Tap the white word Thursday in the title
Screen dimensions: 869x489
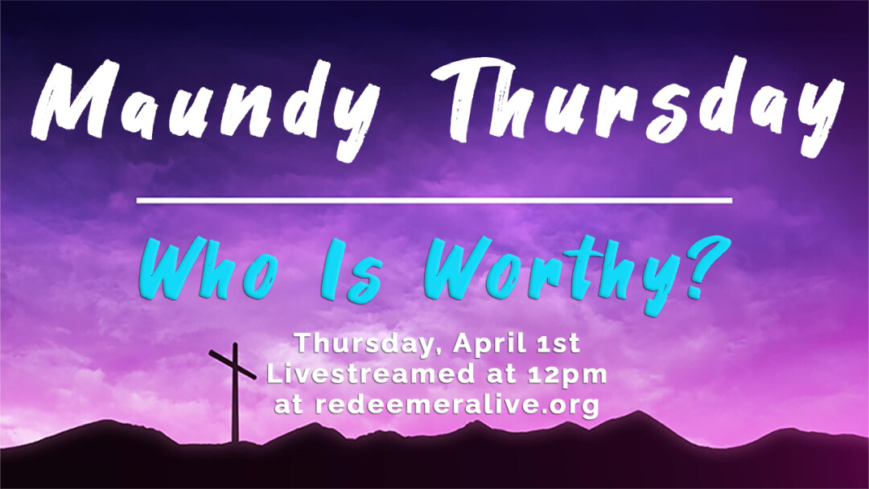pyautogui.click(x=637, y=105)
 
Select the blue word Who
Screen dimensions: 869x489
pyautogui.click(x=208, y=270)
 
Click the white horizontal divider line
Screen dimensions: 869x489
pyautogui.click(x=434, y=200)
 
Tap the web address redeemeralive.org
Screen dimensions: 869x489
pyautogui.click(x=457, y=405)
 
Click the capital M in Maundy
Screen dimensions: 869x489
pyautogui.click(x=77, y=100)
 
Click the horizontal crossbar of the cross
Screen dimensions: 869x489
pyautogui.click(x=233, y=364)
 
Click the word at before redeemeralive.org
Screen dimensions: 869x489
pyautogui.click(x=290, y=405)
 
